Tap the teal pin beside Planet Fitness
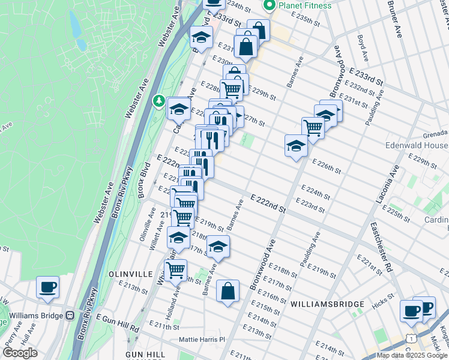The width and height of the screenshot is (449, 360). coord(269,5)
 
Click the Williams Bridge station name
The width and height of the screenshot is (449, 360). coord(37,315)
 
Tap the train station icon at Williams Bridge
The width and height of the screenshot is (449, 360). coord(70,315)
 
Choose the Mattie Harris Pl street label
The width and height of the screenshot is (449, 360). coord(201,340)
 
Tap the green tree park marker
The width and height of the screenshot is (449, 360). coord(159,101)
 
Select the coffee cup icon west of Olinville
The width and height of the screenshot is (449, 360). coord(47,287)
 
